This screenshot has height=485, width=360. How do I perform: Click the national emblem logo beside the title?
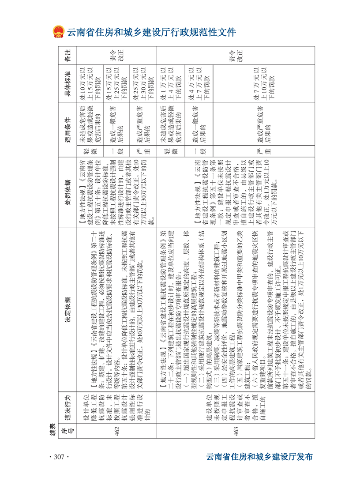point(58,33)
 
